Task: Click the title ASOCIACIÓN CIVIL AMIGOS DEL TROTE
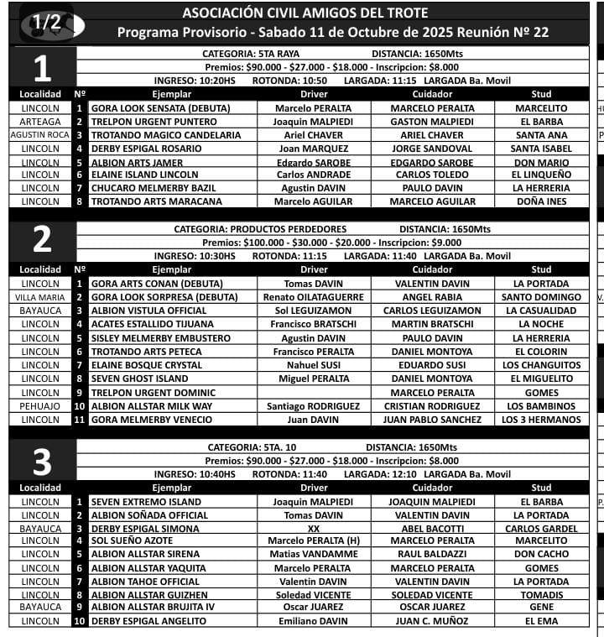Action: (x=305, y=13)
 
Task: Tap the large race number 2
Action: (x=41, y=241)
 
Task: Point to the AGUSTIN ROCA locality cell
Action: (x=39, y=135)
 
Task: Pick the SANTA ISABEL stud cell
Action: (x=541, y=149)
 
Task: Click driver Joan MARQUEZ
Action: (x=314, y=149)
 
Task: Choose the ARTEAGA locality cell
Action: (x=39, y=122)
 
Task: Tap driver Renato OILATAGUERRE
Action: (x=314, y=297)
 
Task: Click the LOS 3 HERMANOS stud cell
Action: (x=541, y=420)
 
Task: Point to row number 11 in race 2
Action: (x=80, y=420)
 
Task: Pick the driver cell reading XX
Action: (x=314, y=529)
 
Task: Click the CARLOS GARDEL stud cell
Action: (x=541, y=529)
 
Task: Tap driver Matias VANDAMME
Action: (x=314, y=555)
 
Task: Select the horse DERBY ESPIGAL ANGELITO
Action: (x=148, y=621)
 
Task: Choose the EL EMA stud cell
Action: (x=541, y=621)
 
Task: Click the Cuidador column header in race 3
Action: (x=432, y=488)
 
